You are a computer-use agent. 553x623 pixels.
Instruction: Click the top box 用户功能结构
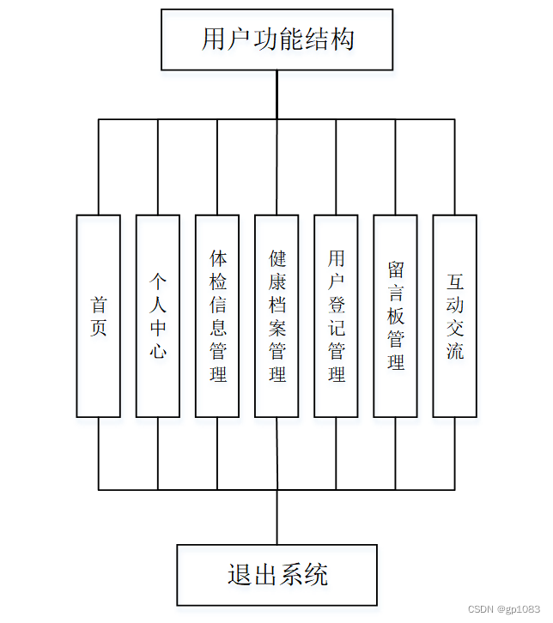click(276, 39)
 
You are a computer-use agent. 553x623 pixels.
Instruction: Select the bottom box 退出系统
click(276, 574)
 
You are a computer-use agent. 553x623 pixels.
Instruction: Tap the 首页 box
click(98, 316)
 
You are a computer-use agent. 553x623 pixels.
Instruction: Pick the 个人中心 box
click(157, 316)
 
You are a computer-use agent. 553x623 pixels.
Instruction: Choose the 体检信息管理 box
click(217, 316)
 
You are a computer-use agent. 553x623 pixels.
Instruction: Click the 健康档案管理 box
click(276, 316)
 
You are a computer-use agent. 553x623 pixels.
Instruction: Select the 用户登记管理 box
click(336, 316)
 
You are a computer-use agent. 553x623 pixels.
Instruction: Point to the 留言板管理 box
click(395, 316)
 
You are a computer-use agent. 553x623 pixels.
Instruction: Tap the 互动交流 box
click(454, 316)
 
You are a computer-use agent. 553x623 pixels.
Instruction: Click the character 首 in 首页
click(98, 305)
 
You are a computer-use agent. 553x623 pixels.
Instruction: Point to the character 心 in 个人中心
click(157, 351)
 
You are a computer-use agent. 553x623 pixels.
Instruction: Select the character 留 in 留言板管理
click(395, 269)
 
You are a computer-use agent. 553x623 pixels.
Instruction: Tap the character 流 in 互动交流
click(454, 351)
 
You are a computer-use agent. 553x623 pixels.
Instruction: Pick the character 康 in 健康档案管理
click(276, 281)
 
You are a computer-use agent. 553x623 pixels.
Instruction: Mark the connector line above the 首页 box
click(98, 166)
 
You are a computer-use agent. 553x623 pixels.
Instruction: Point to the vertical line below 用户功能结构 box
click(276, 94)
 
